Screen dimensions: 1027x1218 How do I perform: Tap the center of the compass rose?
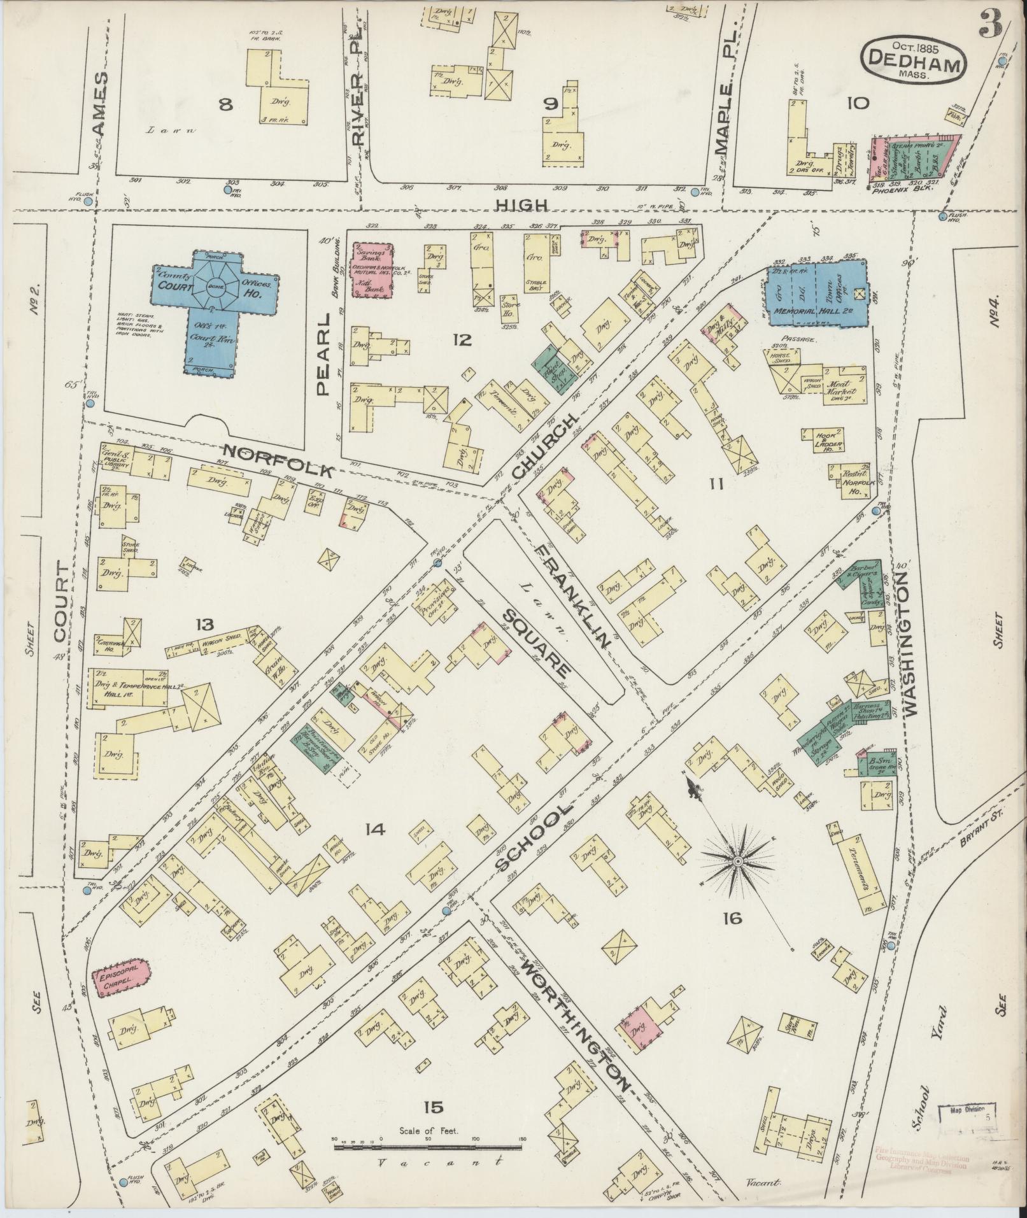pos(737,861)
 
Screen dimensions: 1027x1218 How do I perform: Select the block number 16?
pos(732,935)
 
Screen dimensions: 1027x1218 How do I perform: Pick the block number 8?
pos(225,104)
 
